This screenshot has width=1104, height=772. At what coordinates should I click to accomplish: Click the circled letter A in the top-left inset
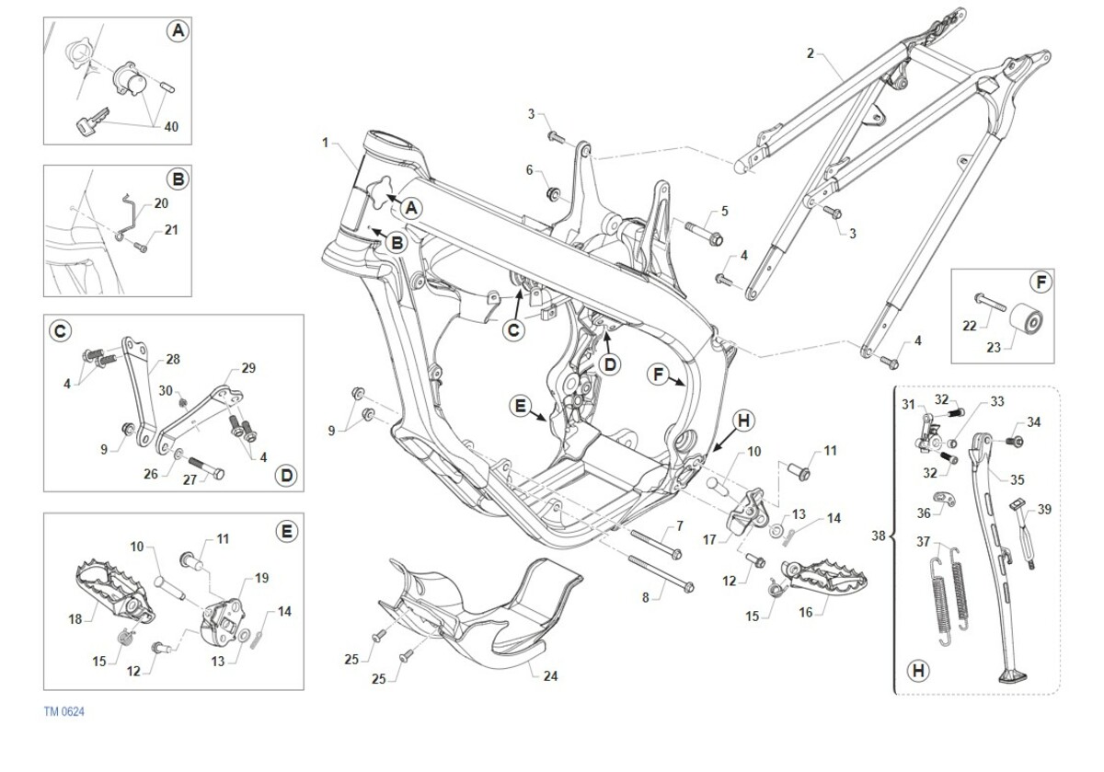click(x=177, y=31)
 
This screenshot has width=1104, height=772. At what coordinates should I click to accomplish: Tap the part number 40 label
click(x=171, y=127)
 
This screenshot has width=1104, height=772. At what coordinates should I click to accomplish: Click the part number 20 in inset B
click(x=161, y=202)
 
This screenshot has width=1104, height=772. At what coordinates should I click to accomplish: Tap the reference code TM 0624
click(x=63, y=711)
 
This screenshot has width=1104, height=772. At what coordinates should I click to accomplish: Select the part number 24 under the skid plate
click(x=550, y=676)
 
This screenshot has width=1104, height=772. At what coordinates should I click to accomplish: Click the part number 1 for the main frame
click(x=326, y=143)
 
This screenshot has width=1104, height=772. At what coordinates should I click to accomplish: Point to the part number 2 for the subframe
click(x=810, y=52)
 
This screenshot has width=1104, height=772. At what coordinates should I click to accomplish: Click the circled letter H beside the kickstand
click(x=917, y=672)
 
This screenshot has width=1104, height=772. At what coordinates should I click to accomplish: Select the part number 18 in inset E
click(x=75, y=619)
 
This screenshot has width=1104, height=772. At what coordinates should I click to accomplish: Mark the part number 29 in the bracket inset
click(x=247, y=368)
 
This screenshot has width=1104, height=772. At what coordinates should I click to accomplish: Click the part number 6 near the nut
click(x=530, y=169)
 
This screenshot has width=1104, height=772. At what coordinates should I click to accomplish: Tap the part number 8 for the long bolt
click(x=646, y=597)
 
